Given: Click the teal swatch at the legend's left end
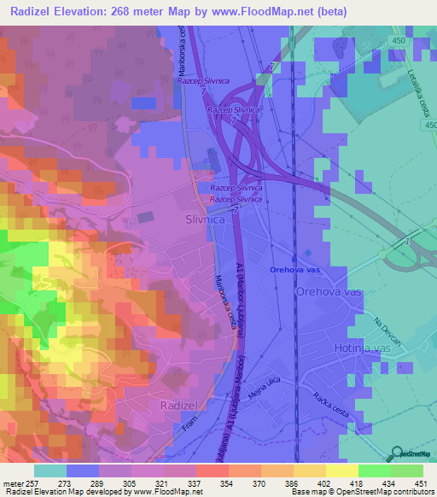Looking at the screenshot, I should [x=50, y=471].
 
